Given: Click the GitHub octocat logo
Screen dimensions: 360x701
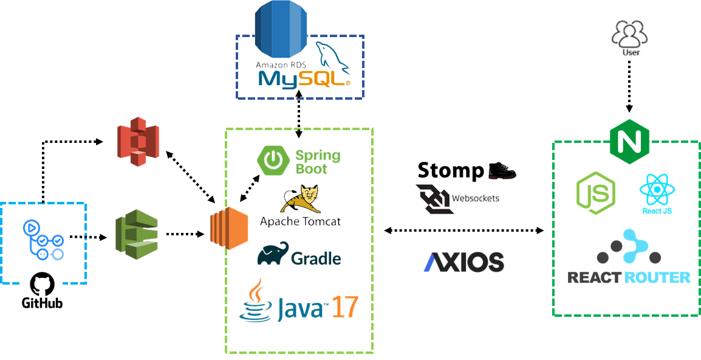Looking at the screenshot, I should coord(42,284).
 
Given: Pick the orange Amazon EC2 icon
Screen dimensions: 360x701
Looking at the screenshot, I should coord(229,232).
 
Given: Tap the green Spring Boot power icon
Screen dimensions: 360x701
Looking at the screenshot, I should coord(274,160).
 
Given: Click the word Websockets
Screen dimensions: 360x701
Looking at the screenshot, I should coord(476,198).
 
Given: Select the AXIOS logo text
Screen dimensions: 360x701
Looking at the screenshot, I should coord(464,261).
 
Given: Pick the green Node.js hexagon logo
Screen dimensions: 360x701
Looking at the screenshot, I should coord(595,193).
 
